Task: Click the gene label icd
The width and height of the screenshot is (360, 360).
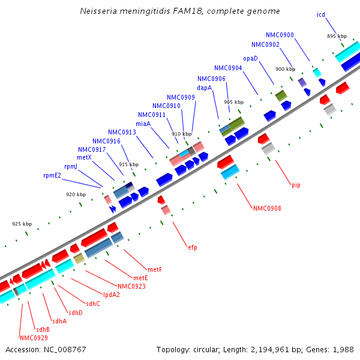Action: (x=321, y=14)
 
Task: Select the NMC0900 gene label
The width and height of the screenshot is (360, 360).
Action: (x=280, y=35)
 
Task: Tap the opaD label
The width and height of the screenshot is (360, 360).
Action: (x=250, y=58)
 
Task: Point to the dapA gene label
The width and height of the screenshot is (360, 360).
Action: (x=204, y=88)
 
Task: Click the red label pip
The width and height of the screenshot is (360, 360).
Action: (x=296, y=185)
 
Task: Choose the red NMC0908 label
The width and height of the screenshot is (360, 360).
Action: (x=267, y=209)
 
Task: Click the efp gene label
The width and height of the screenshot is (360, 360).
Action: (x=192, y=247)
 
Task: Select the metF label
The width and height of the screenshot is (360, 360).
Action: (x=155, y=269)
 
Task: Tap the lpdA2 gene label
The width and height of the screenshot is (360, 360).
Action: (x=111, y=295)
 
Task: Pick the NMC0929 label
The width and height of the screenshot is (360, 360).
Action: (x=34, y=338)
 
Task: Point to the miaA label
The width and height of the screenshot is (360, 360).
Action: (x=143, y=124)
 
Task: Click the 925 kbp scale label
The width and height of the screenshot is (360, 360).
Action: (x=22, y=224)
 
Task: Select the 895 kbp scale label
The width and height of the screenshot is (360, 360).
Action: (x=337, y=37)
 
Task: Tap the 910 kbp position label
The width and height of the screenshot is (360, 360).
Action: (x=181, y=134)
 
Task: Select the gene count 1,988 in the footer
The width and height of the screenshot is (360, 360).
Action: (x=343, y=349)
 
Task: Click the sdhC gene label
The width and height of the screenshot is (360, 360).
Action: (x=92, y=304)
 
